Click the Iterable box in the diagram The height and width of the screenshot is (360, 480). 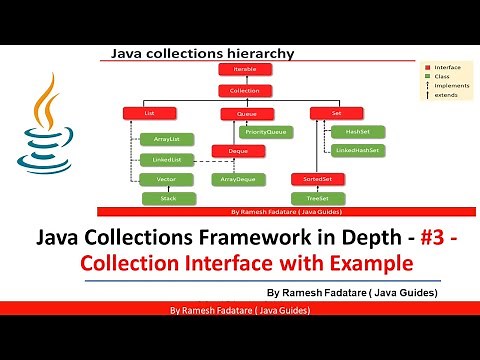[x=239, y=71]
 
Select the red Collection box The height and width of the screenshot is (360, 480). [x=239, y=91]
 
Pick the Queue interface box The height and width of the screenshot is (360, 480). [x=247, y=113]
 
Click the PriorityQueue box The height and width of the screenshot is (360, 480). [x=267, y=131]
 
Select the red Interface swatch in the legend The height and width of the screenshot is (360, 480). [x=426, y=64]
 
